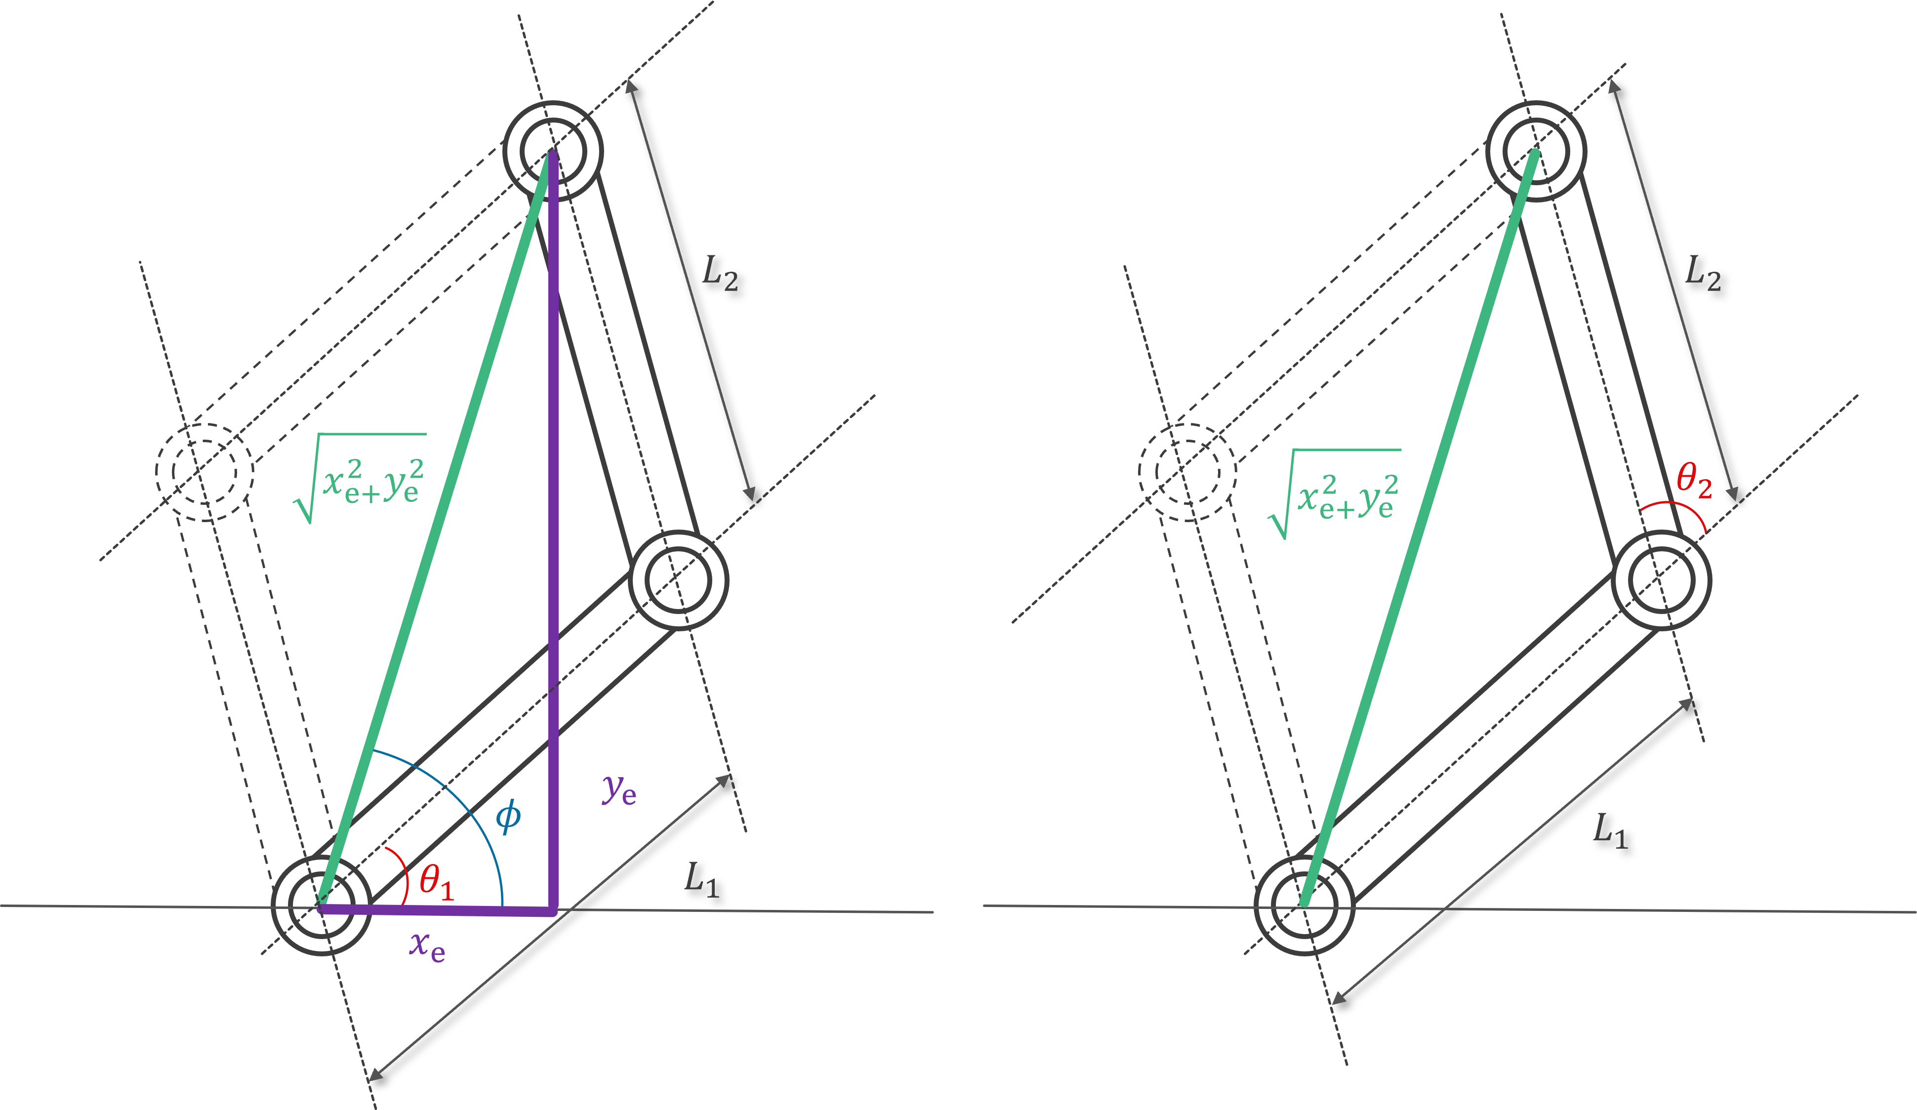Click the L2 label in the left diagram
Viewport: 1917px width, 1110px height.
tap(719, 272)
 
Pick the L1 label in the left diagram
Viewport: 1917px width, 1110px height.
tap(700, 879)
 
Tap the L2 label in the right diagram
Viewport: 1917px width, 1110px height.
tap(1703, 272)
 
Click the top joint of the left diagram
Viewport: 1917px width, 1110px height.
tap(553, 151)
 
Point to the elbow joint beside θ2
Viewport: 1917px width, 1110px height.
tap(1662, 580)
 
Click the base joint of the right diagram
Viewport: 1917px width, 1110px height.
tap(1304, 905)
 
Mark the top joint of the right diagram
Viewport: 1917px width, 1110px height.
tap(1536, 151)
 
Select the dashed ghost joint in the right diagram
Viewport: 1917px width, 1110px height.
tap(1187, 472)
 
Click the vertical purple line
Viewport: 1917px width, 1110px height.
tap(554, 533)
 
